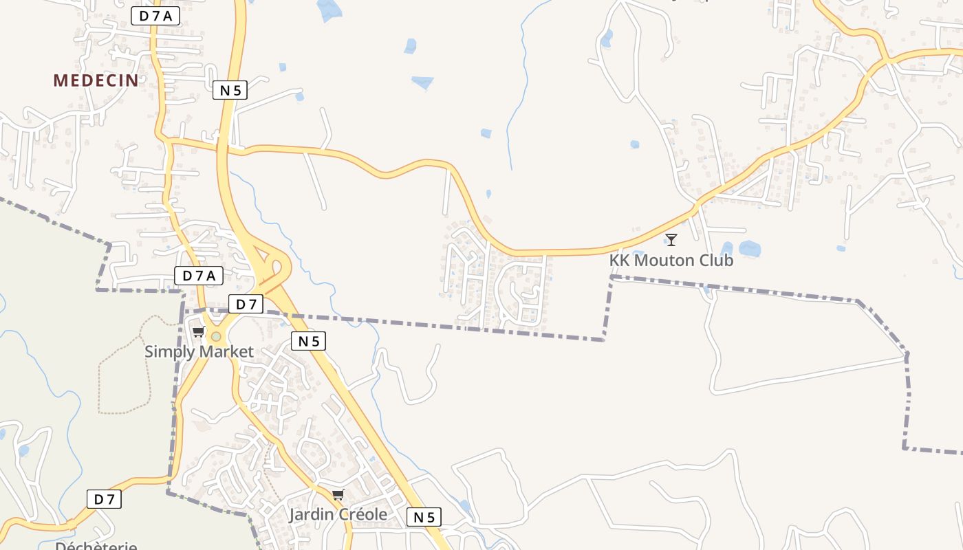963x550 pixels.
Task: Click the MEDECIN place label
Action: click(96, 80)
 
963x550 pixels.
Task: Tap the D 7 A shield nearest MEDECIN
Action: click(155, 16)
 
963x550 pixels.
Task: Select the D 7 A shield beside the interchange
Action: click(199, 276)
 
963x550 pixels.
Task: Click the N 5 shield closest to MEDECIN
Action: click(230, 89)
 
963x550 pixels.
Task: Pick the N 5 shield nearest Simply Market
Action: click(308, 341)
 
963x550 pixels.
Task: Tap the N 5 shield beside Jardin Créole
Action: click(424, 517)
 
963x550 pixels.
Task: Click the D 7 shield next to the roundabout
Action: click(246, 304)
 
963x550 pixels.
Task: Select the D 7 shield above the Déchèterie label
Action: click(104, 499)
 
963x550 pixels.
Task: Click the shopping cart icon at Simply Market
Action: click(199, 333)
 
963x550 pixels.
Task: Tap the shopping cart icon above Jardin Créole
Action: click(338, 495)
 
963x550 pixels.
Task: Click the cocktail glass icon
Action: click(671, 240)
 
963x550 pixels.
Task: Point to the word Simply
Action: click(169, 352)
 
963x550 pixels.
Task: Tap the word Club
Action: click(719, 261)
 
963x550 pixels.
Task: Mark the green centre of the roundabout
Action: click(216, 336)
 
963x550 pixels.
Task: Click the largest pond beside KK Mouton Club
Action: click(749, 247)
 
